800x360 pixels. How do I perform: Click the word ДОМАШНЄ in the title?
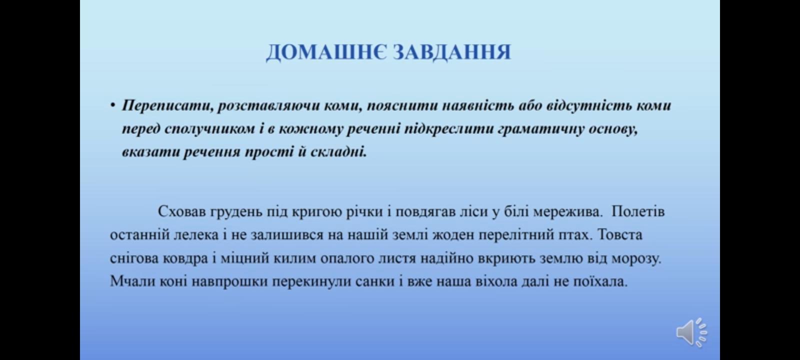tap(326, 52)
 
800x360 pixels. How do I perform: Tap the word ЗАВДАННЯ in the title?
tap(452, 52)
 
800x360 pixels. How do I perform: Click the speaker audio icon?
tap(691, 332)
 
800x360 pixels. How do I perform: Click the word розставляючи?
tap(268, 106)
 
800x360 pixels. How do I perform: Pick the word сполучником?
tap(210, 129)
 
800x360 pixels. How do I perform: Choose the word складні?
tap(338, 152)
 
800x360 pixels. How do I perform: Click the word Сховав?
tap(182, 211)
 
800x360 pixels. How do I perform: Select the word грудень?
tap(236, 212)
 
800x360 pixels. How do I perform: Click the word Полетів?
tap(638, 211)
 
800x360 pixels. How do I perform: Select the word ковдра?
tap(185, 258)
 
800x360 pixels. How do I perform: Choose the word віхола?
tap(496, 281)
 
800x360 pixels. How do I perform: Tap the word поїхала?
tap(600, 281)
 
